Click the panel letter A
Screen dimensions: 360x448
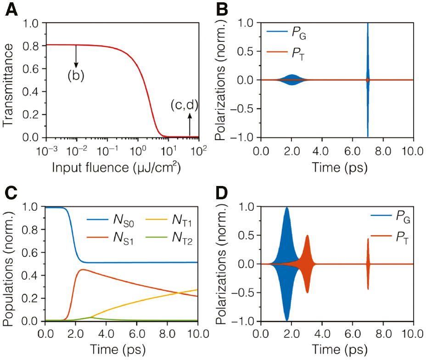pos(12,10)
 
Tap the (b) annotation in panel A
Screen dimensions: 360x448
pos(76,76)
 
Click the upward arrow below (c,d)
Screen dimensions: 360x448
pos(190,125)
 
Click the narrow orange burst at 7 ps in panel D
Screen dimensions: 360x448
pos(368,264)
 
